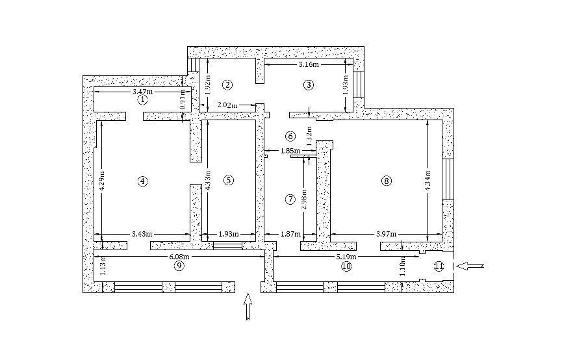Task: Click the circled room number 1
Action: (x=143, y=99)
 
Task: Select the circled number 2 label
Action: (x=227, y=85)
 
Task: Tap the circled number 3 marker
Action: (x=309, y=85)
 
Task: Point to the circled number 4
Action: (x=143, y=181)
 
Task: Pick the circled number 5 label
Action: (x=229, y=180)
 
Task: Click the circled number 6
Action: (x=290, y=136)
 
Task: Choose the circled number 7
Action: (x=290, y=199)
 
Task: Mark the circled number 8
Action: (x=387, y=181)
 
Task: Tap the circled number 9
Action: (x=179, y=266)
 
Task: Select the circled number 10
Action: (x=346, y=266)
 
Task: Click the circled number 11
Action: (x=439, y=266)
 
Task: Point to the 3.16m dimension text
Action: (x=309, y=64)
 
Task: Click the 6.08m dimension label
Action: (x=179, y=256)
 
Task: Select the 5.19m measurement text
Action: (x=347, y=256)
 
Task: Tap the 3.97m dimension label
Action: (x=386, y=234)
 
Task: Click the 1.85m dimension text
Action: (x=290, y=150)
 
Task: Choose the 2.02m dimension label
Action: (x=227, y=105)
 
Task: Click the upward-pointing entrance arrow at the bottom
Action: (x=248, y=307)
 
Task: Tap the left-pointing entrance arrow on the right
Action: (x=471, y=266)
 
